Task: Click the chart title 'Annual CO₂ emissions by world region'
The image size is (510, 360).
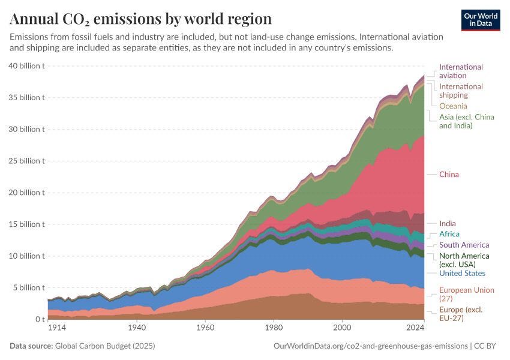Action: pyautogui.click(x=141, y=19)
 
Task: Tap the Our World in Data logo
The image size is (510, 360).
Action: pyautogui.click(x=481, y=19)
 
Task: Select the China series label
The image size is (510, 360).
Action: pyautogui.click(x=449, y=175)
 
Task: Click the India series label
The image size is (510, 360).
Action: pyautogui.click(x=447, y=224)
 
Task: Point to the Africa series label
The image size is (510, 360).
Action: pyautogui.click(x=449, y=234)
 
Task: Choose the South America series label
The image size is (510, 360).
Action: pyautogui.click(x=464, y=245)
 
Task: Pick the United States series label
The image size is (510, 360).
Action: pyautogui.click(x=462, y=273)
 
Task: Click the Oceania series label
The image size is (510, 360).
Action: pyautogui.click(x=453, y=106)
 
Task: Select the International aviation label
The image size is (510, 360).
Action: pyautogui.click(x=461, y=71)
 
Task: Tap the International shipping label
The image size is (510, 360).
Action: pyautogui.click(x=461, y=91)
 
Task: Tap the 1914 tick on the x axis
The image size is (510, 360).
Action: pyautogui.click(x=57, y=328)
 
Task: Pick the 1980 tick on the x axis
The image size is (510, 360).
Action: pyautogui.click(x=274, y=328)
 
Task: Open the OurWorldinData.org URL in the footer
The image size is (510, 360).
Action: pyautogui.click(x=370, y=346)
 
